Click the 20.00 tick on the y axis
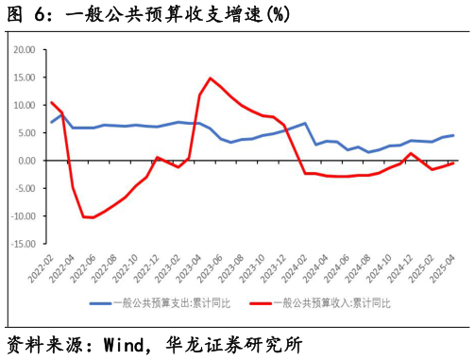(x=24, y=49)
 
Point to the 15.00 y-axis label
(x=24, y=77)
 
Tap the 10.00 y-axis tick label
(x=24, y=105)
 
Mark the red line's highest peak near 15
(x=210, y=78)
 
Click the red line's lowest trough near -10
(x=93, y=217)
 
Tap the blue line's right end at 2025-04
(x=453, y=135)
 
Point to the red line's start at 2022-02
(x=51, y=102)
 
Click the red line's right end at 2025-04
(x=453, y=163)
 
